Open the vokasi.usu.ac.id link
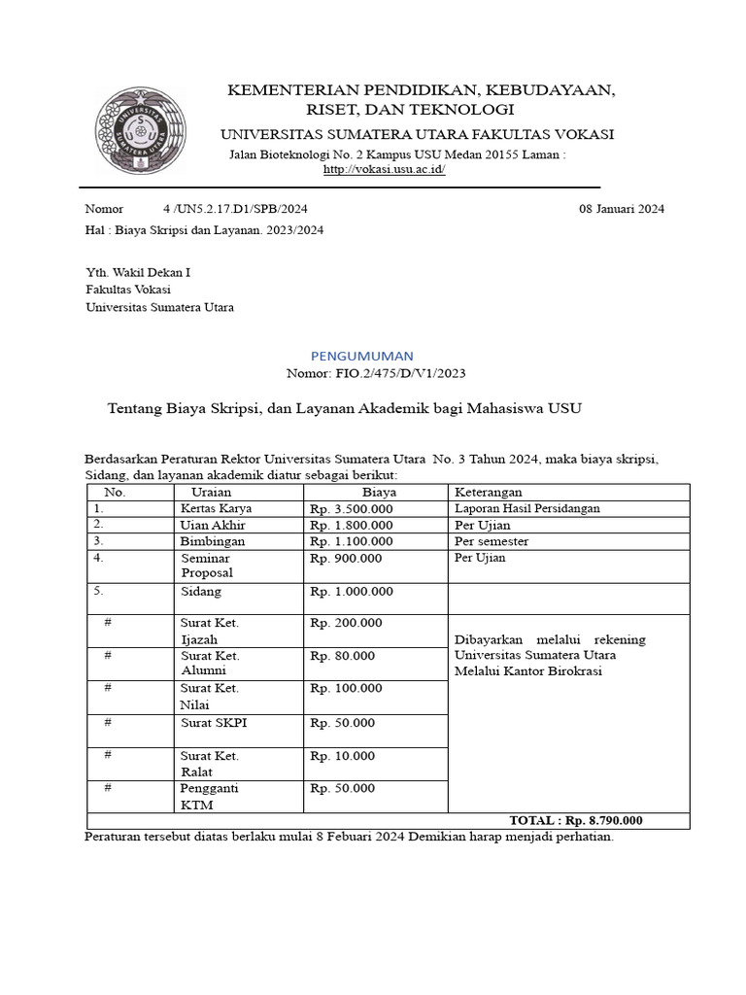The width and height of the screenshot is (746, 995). pyautogui.click(x=384, y=169)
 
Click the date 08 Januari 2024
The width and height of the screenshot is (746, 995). pyautogui.click(x=622, y=209)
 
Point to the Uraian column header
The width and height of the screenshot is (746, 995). pyautogui.click(x=205, y=493)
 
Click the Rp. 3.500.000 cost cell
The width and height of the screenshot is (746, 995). pyautogui.click(x=351, y=508)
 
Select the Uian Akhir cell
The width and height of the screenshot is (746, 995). pyautogui.click(x=213, y=525)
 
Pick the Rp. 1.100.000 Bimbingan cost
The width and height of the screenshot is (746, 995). pyautogui.click(x=351, y=541)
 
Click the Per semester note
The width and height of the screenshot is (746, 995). pyautogui.click(x=492, y=541)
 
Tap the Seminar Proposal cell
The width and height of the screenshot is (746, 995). pyautogui.click(x=208, y=566)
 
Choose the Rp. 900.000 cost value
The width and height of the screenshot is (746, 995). pyautogui.click(x=346, y=559)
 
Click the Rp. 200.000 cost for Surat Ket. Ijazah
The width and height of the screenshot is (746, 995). pyautogui.click(x=346, y=624)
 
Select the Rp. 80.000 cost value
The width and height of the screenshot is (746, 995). pyautogui.click(x=342, y=656)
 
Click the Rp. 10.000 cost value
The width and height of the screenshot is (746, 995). pyautogui.click(x=342, y=756)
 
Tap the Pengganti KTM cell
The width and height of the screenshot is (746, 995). pyautogui.click(x=209, y=796)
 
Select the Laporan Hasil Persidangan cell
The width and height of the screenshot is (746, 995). pyautogui.click(x=526, y=508)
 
